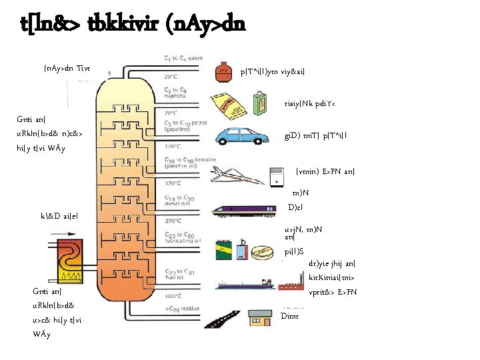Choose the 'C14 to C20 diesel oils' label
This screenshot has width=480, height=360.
click(180, 201)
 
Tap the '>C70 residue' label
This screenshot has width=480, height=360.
click(181, 309)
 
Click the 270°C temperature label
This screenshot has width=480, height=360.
click(173, 220)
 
